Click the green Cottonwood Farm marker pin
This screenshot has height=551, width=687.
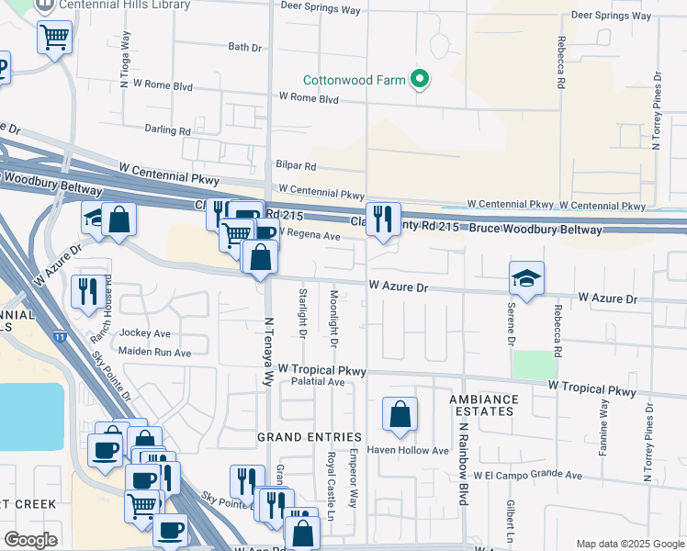420,80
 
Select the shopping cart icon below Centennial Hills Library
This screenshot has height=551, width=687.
54,38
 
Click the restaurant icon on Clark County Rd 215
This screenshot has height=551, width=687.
383,219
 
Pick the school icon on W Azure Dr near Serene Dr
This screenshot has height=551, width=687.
526,279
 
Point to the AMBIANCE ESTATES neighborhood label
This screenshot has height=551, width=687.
484,406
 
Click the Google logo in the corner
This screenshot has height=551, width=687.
31,540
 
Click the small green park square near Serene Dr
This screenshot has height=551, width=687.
529,365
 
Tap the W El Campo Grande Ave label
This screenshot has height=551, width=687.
528,476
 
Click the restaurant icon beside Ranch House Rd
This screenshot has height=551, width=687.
85,291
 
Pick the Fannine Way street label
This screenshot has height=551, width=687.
604,427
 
